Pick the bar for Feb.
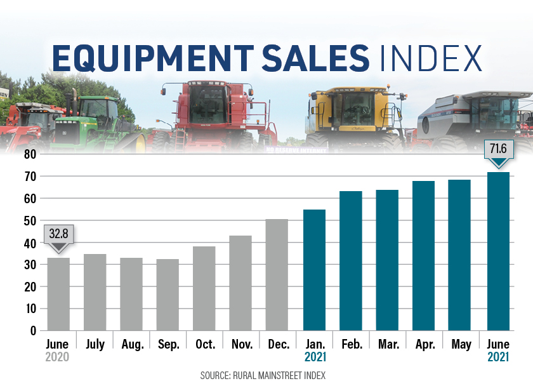(x=351, y=260)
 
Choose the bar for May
(x=460, y=255)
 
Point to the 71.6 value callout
(x=497, y=150)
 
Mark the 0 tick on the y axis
(x=33, y=330)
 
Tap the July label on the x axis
(x=95, y=344)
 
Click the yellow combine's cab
(x=355, y=108)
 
